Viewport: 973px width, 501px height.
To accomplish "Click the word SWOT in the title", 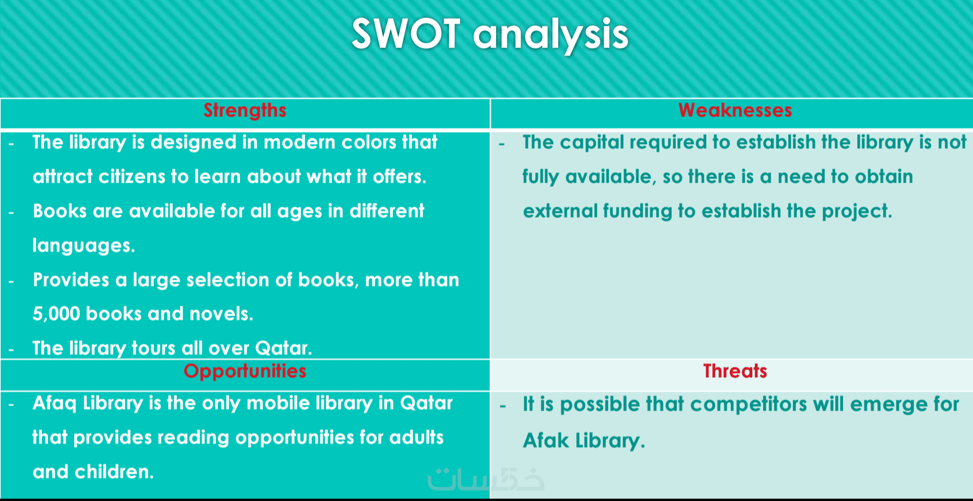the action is click(x=406, y=34).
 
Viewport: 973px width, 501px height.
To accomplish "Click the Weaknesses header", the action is click(x=735, y=110).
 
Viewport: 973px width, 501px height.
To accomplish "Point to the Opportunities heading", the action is click(x=245, y=372).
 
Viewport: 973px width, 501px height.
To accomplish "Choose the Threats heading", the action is click(x=735, y=371).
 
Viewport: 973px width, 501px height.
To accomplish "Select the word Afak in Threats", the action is click(x=546, y=440).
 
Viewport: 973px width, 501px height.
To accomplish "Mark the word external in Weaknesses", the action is click(x=561, y=211).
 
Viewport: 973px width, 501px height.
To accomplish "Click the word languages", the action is click(x=83, y=246).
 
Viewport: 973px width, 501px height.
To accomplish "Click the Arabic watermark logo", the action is click(x=486, y=479).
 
